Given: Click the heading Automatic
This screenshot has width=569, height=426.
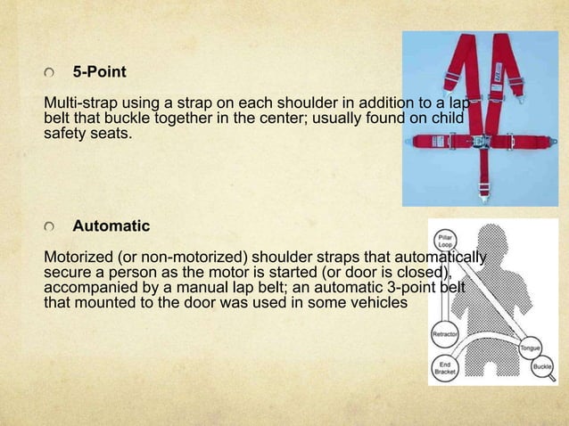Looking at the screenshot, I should pos(111,225).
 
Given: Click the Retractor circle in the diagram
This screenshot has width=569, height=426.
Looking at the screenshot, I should pos(445,334).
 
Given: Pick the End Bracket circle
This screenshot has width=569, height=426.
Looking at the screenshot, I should pos(445,367).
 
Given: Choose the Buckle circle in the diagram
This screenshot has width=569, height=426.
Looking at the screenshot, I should pos(541,366).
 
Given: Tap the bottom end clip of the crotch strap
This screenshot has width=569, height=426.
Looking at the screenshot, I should pos(482,190).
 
